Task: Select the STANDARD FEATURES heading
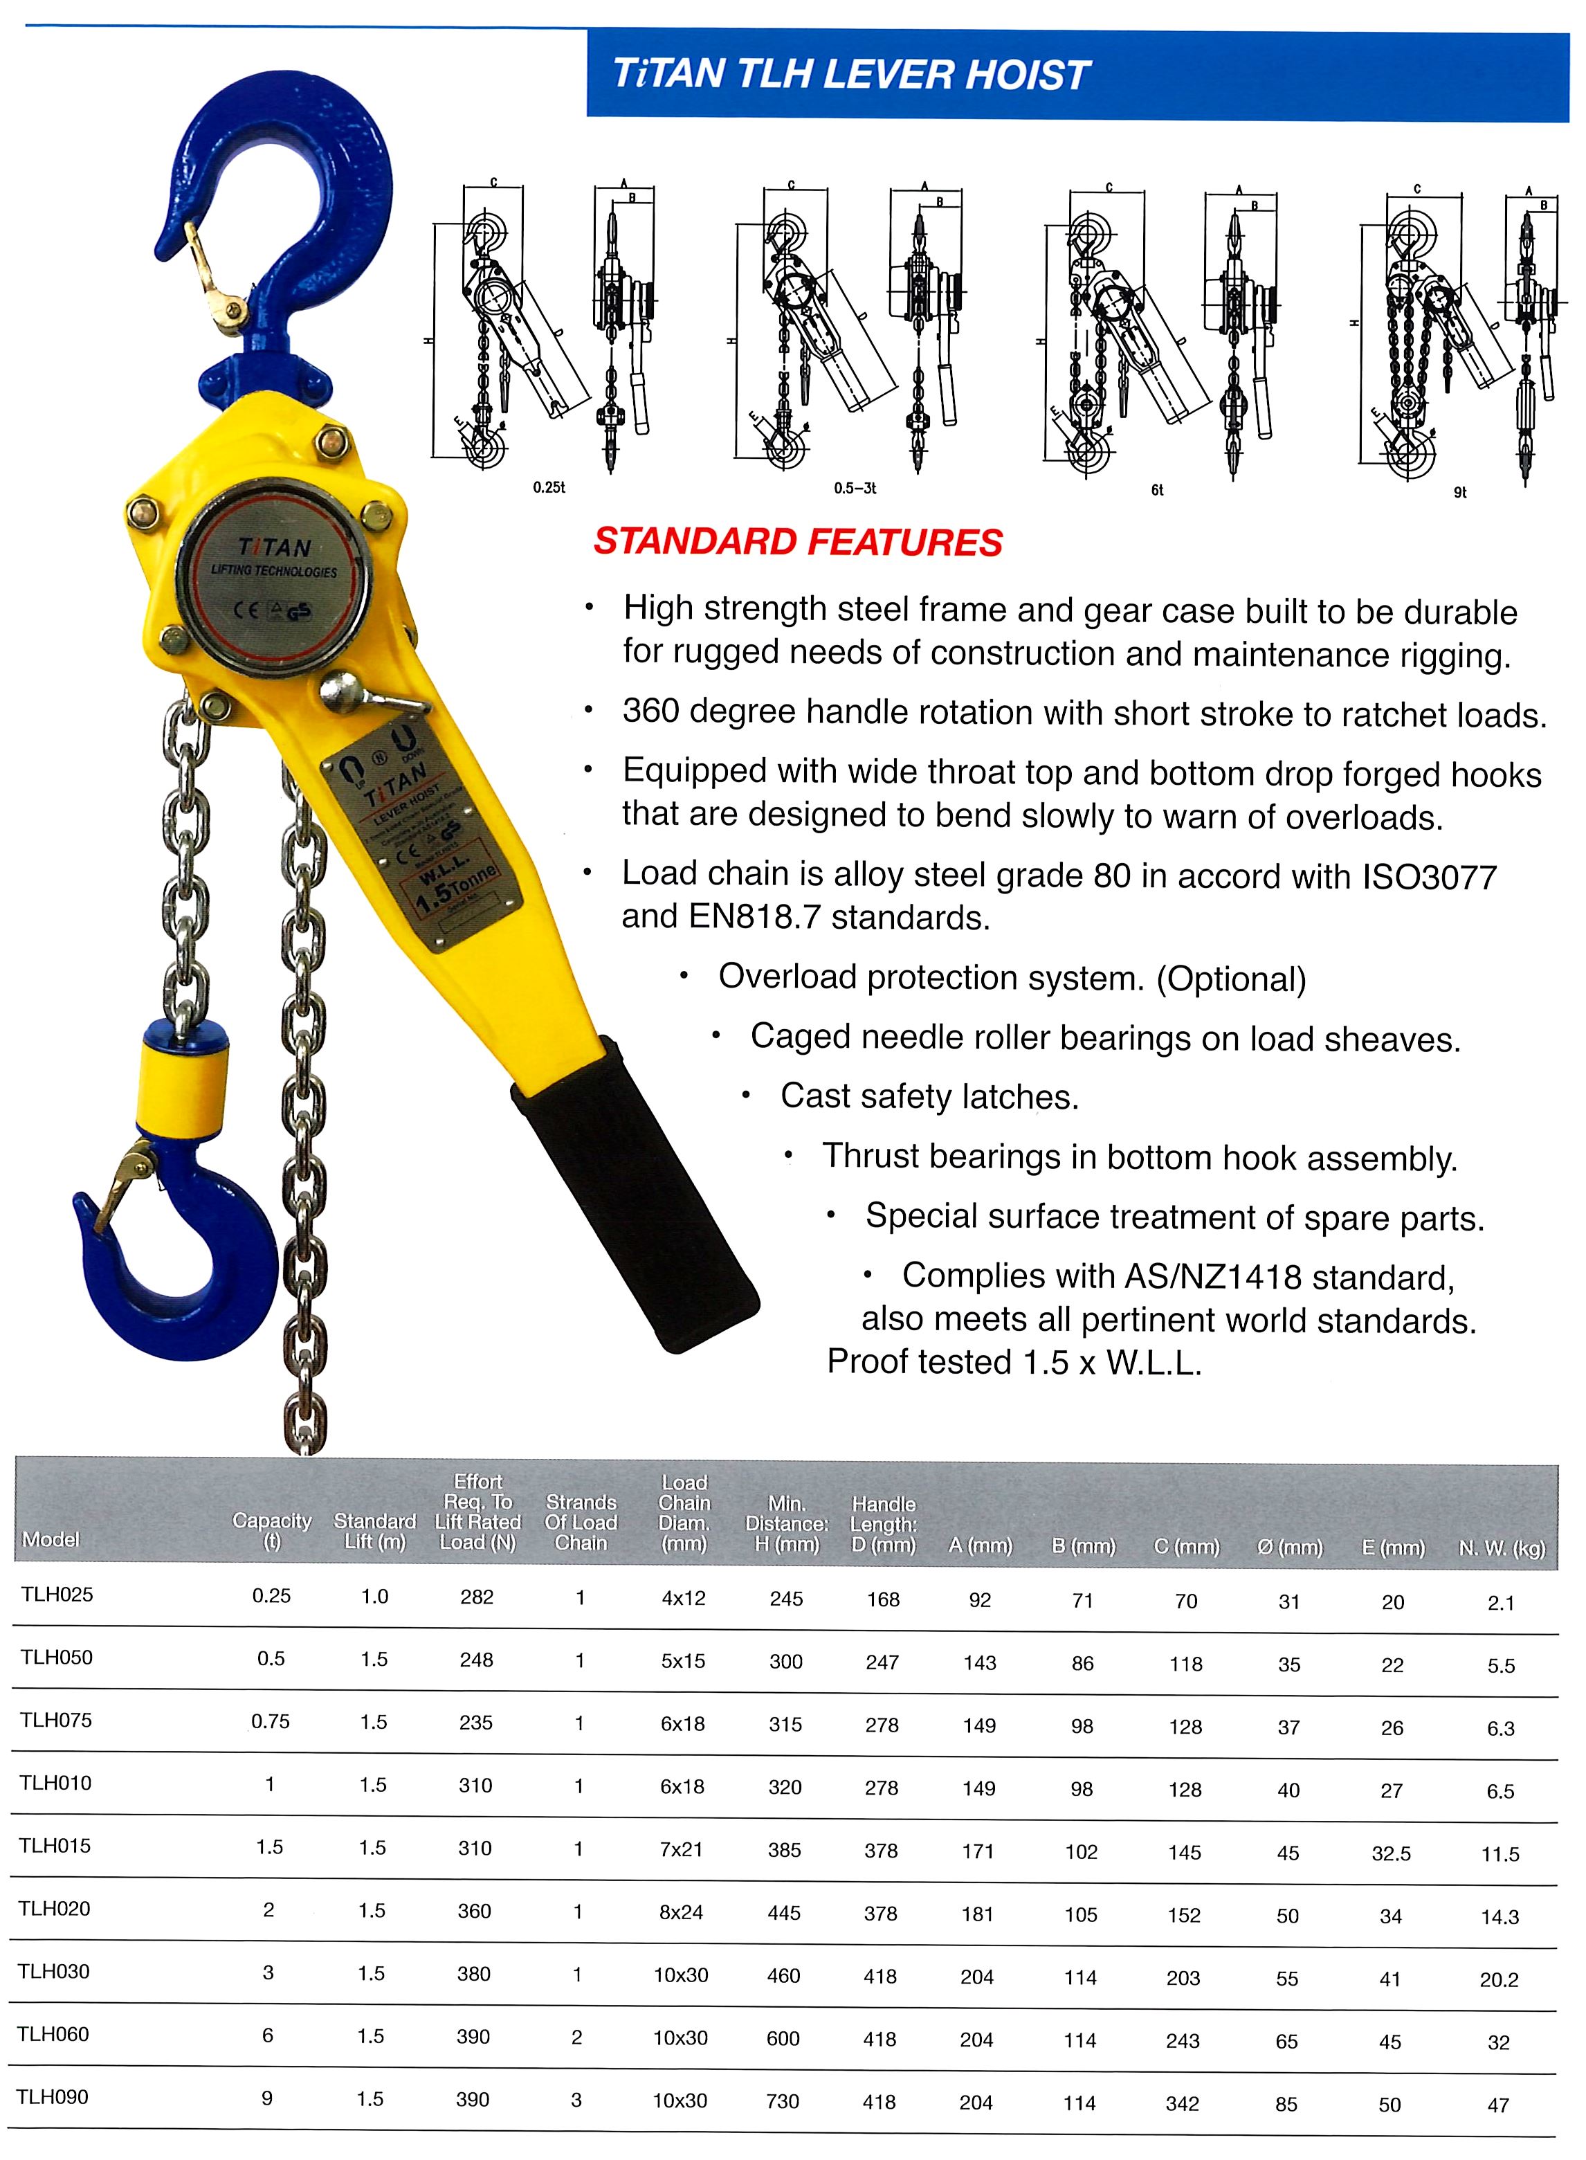(x=797, y=543)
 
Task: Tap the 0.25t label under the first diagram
(x=549, y=488)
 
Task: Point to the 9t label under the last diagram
(x=1459, y=493)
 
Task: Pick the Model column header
(x=51, y=1540)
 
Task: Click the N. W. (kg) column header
(x=1502, y=1548)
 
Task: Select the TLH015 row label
(x=55, y=1846)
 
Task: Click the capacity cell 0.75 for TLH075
(x=270, y=1721)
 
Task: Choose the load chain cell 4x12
(x=684, y=1599)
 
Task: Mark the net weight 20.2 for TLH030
(x=1499, y=1979)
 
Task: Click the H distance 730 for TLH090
(x=783, y=2100)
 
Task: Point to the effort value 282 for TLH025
(x=477, y=1597)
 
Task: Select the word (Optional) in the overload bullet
(x=1231, y=979)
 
